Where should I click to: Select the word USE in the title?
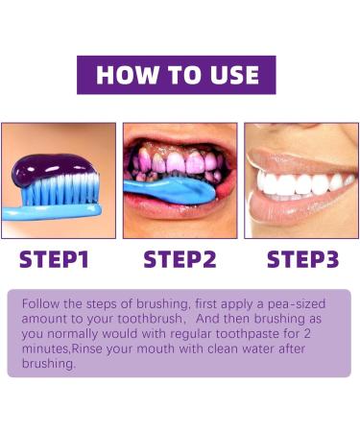click(228, 75)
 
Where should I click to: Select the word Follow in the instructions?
click(41, 300)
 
